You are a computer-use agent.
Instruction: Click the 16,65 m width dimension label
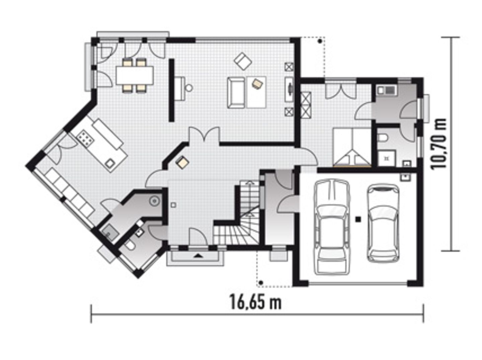tap(255, 302)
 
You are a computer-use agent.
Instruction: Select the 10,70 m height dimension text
tap(439, 144)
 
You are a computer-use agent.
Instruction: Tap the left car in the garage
tap(331, 227)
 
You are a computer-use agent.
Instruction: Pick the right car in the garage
tap(383, 223)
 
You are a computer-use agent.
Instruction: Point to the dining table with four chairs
tap(135, 75)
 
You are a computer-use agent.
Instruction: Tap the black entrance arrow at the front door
tap(198, 256)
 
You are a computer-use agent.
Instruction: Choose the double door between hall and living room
tap(204, 136)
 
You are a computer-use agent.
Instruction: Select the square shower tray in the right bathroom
tap(387, 158)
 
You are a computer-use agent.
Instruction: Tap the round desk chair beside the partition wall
tap(189, 88)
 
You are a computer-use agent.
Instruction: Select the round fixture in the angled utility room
tap(154, 201)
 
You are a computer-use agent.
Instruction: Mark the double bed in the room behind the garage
tap(351, 147)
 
